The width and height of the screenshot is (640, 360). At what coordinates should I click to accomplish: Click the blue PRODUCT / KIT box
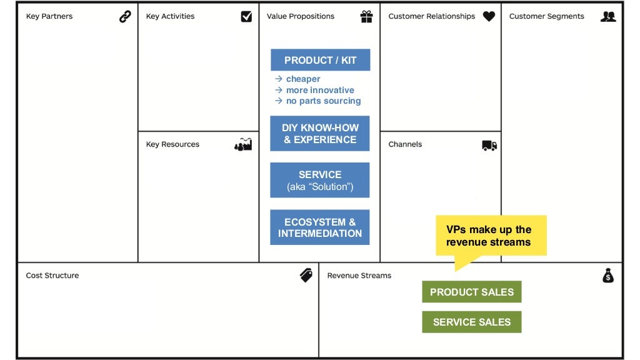pos(320,60)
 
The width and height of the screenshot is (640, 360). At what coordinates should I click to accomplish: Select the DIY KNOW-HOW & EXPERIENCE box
pos(319,133)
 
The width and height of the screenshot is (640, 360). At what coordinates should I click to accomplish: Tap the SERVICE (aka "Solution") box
pos(319,180)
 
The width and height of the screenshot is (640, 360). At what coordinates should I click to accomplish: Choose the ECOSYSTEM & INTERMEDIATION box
pos(319,227)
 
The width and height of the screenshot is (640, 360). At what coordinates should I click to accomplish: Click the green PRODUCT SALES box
pos(471,292)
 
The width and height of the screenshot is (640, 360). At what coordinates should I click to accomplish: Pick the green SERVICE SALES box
pos(471,322)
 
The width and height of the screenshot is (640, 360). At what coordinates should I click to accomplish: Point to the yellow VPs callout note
pos(491,236)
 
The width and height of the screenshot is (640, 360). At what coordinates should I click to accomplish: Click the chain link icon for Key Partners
pos(125,17)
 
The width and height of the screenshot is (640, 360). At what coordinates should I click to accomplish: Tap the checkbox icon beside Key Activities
pos(246,17)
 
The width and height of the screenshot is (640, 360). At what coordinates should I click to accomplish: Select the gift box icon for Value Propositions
pos(366,17)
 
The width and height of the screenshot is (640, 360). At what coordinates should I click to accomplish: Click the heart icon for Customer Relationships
pos(489,17)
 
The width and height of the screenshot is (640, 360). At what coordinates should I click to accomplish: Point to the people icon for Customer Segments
pos(607,17)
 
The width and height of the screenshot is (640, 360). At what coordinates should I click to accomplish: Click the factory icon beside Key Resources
pos(243,144)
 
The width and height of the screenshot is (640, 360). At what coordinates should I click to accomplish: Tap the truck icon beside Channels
pos(489,145)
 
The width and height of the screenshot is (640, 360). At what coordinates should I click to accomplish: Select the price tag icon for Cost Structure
pos(306,275)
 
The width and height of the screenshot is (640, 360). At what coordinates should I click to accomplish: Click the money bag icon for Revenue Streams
pos(608,275)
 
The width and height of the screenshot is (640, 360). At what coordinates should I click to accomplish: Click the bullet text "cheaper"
pos(303,79)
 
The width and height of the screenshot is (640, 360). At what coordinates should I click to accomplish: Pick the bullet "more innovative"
pos(320,90)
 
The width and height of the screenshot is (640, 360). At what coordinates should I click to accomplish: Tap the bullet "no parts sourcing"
pos(323,101)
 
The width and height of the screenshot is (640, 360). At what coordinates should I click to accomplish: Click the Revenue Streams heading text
pos(359,276)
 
